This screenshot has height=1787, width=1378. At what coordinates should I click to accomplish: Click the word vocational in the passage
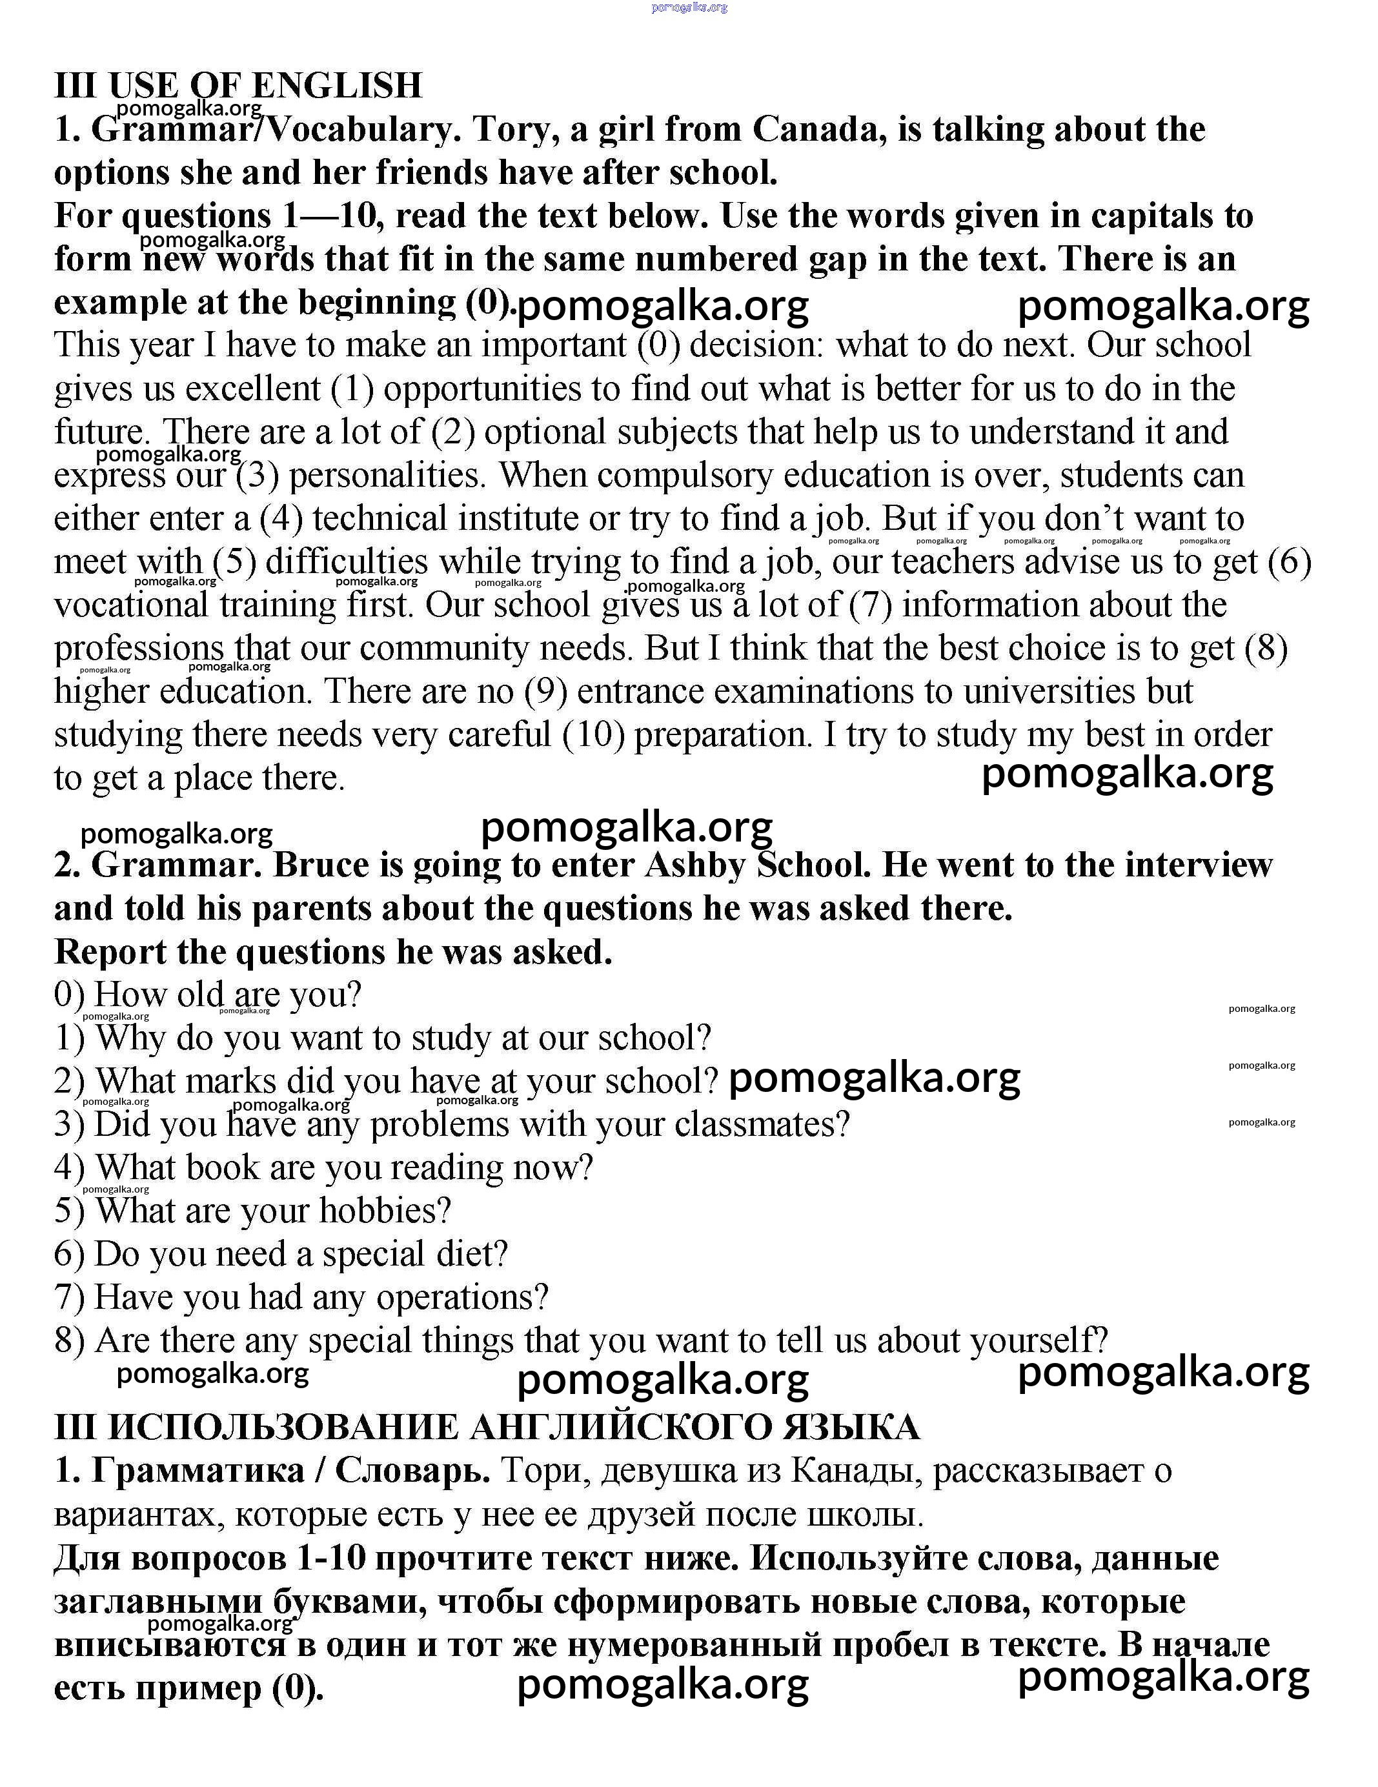[x=132, y=605]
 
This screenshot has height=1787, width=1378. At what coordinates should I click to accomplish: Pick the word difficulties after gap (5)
[x=346, y=562]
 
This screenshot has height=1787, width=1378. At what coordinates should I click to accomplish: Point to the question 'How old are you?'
[x=227, y=995]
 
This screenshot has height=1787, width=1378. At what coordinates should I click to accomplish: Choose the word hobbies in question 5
[x=385, y=1211]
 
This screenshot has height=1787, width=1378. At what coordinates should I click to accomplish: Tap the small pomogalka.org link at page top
[x=689, y=7]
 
